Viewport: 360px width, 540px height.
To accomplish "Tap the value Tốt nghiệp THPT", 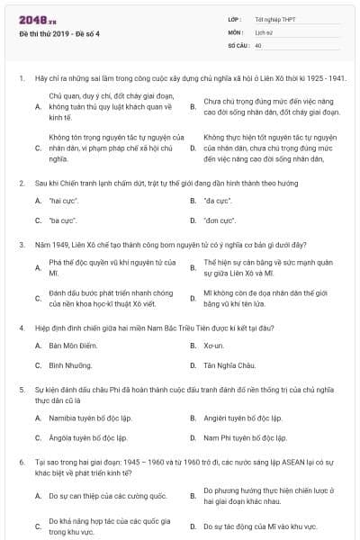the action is [274, 19].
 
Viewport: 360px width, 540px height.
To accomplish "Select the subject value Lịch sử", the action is [265, 31].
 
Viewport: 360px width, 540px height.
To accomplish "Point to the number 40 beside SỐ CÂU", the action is [258, 44].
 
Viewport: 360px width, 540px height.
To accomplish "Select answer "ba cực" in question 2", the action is [63, 220].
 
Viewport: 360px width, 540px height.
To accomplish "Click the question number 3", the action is [22, 244].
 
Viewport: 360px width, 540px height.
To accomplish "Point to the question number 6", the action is [22, 462].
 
